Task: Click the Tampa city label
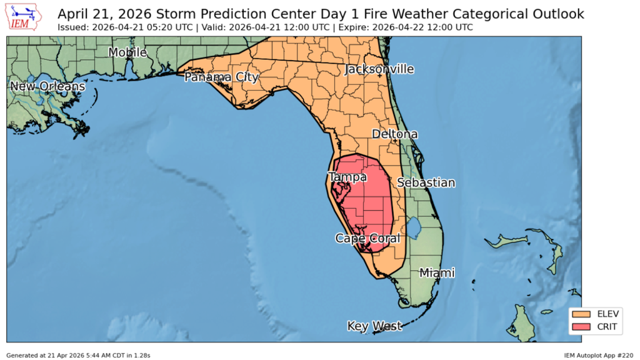(347, 177)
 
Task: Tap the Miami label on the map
(437, 272)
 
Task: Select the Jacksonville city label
(379, 69)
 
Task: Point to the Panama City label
(221, 77)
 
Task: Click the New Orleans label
(47, 86)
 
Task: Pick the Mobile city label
(127, 52)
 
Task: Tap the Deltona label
(394, 134)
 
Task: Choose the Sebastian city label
(426, 182)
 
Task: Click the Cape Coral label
(367, 238)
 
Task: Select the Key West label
(374, 326)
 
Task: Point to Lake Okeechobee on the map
(413, 224)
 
